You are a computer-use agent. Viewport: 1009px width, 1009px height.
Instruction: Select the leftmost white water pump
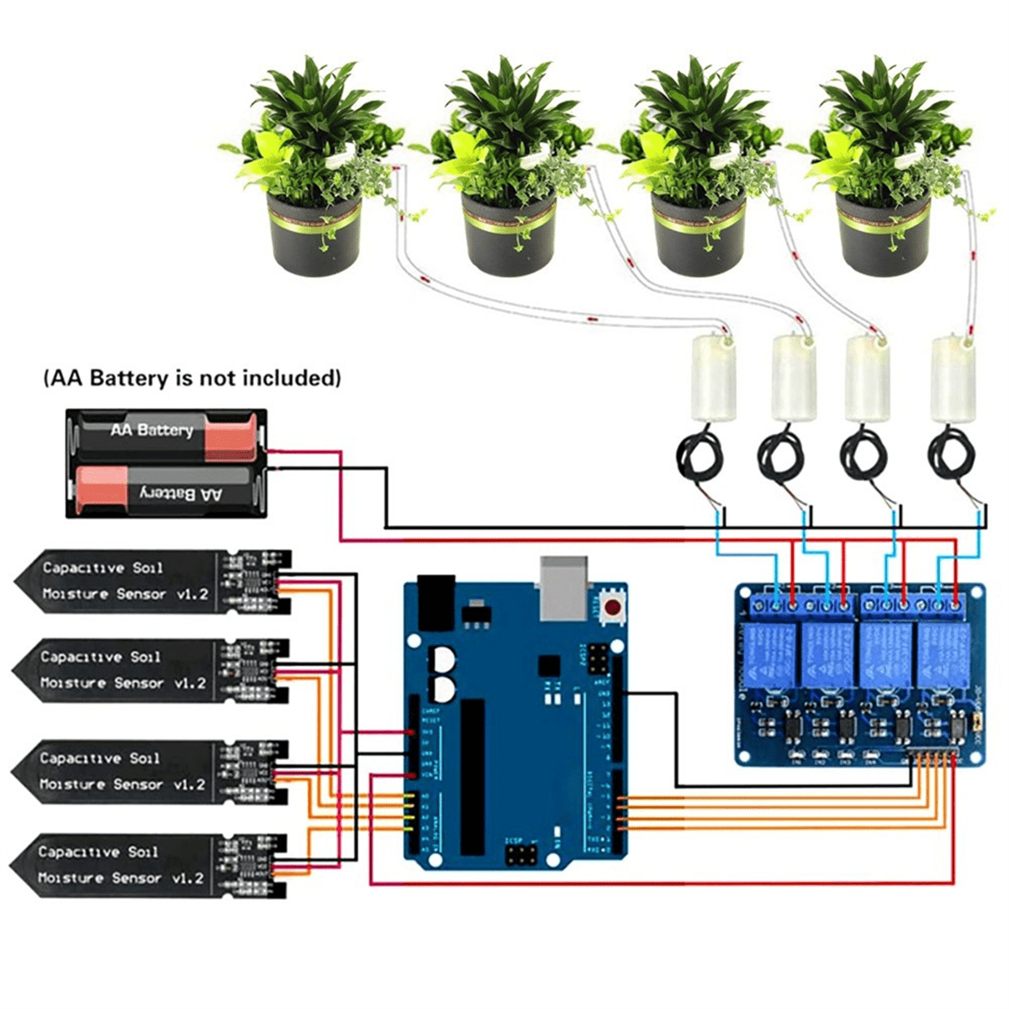tap(712, 378)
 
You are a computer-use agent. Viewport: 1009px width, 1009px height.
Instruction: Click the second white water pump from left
tap(794, 378)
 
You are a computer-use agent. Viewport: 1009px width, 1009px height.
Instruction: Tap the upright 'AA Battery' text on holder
tap(151, 430)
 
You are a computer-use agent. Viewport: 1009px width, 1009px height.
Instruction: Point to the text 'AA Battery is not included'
tap(193, 378)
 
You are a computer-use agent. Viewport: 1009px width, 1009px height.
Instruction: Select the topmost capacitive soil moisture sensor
tap(151, 581)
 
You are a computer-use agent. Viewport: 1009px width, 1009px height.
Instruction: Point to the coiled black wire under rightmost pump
tap(950, 458)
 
